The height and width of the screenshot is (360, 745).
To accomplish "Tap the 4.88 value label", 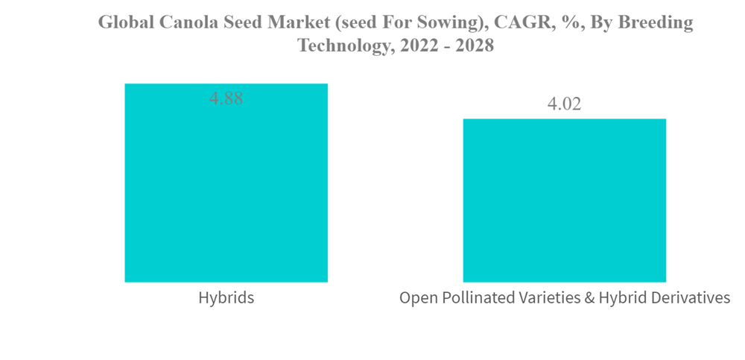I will [x=226, y=98].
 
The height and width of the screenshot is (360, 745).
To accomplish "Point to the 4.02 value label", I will [x=564, y=104].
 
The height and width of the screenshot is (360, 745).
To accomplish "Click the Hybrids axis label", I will [x=226, y=298].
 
